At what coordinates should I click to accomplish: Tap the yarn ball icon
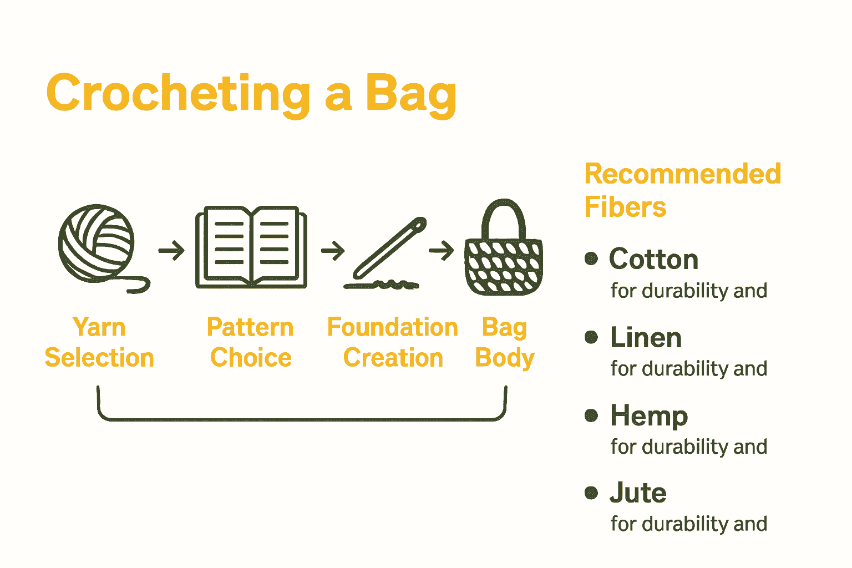[x=97, y=244]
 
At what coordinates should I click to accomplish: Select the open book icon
[x=251, y=247]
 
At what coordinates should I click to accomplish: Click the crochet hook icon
[x=385, y=253]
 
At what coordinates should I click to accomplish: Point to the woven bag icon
[x=504, y=247]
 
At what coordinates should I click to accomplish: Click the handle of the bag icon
[x=504, y=219]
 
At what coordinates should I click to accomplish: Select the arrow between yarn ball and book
[x=171, y=250]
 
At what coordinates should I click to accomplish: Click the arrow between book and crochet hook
[x=333, y=250]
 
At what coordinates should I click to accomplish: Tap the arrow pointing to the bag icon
[x=442, y=250]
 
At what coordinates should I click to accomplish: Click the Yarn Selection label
[x=99, y=342]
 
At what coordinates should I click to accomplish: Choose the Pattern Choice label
[x=251, y=342]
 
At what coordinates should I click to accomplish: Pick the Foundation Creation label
[x=393, y=342]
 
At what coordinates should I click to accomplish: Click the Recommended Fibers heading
[x=683, y=190]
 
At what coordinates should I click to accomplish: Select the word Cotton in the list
[x=654, y=259]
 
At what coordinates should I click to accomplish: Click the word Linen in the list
[x=646, y=337]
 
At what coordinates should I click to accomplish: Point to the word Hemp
[x=650, y=416]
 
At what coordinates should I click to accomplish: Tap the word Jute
[x=638, y=493]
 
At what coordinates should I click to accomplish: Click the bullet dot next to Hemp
[x=591, y=415]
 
